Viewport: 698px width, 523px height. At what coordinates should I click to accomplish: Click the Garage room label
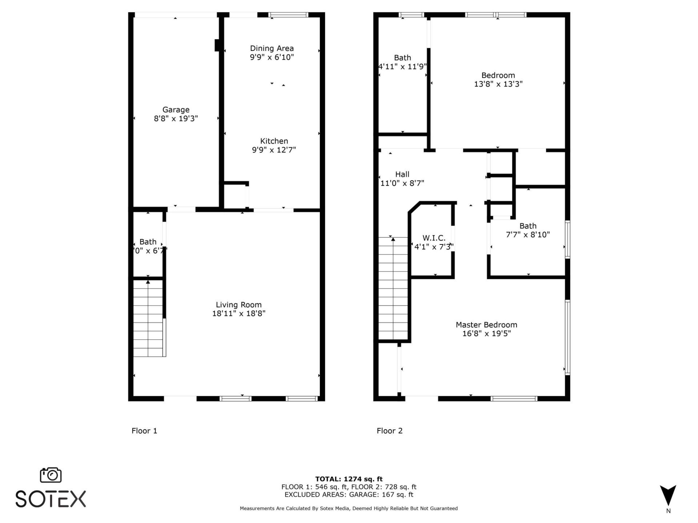(x=176, y=110)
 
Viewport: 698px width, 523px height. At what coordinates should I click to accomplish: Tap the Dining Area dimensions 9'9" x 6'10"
(x=272, y=57)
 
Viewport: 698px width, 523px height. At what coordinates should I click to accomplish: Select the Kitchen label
(x=274, y=141)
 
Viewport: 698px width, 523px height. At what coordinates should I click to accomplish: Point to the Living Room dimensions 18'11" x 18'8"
(x=238, y=313)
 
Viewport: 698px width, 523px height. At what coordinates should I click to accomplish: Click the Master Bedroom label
(x=486, y=325)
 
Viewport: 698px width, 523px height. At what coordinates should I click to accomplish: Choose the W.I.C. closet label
(x=434, y=238)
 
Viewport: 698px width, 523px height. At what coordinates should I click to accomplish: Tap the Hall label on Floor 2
(x=402, y=174)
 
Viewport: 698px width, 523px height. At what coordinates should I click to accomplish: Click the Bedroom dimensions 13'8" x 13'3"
(x=498, y=84)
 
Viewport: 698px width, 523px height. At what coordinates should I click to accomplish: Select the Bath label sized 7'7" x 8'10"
(x=527, y=226)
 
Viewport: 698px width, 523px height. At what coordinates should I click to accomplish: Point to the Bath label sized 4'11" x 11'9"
(x=402, y=58)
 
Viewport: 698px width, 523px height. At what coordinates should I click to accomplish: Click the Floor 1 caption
(x=144, y=431)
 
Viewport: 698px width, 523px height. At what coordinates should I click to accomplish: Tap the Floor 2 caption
(x=389, y=431)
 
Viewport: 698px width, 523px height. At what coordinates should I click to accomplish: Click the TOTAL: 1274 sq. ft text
(x=349, y=479)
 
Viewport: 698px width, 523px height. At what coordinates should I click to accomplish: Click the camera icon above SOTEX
(x=51, y=475)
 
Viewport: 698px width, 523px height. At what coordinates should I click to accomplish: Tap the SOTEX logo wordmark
(x=51, y=499)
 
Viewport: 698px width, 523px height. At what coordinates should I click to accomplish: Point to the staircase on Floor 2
(x=393, y=289)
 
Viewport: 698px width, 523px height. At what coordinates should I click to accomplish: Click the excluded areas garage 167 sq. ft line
(x=349, y=495)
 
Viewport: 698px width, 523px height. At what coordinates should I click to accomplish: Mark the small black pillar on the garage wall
(x=217, y=45)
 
